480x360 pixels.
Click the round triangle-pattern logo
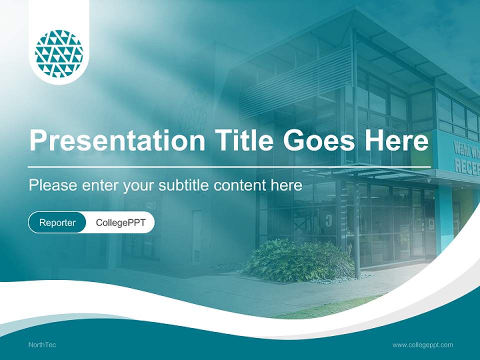click(59, 54)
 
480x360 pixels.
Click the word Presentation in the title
click(117, 140)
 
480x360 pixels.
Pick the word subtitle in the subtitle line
click(184, 185)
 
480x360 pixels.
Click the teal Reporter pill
click(57, 222)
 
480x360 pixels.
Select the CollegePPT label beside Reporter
click(120, 222)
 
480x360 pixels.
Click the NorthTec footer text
click(42, 345)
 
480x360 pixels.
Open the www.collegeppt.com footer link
click(422, 345)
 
